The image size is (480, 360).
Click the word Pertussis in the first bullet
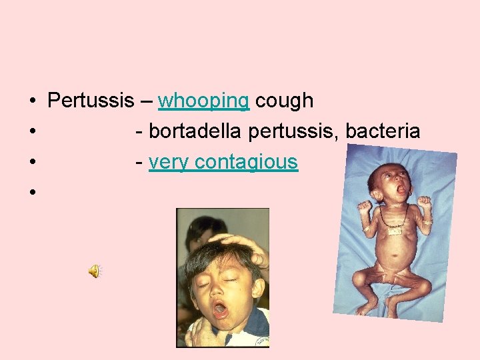tap(91, 101)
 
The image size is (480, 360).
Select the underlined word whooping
tap(203, 101)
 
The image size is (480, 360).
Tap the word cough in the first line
tap(284, 101)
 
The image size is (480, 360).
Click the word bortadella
tap(196, 131)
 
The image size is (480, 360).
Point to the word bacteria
tap(383, 131)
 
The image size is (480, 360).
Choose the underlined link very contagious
tap(223, 162)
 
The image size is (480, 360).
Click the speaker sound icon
tap(95, 271)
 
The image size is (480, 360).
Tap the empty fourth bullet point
tap(31, 193)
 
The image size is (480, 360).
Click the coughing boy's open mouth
tap(221, 310)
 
